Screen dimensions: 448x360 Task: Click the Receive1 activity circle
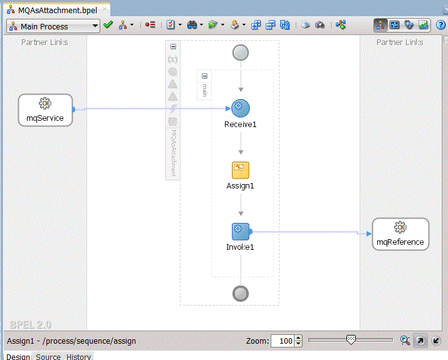(240, 108)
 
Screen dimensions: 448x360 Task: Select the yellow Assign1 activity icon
(240, 170)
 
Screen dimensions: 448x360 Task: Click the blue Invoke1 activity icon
(241, 232)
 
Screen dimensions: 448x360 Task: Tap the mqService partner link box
(46, 110)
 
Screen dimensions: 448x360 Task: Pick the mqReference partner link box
(400, 234)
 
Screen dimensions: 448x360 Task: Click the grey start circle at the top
(241, 53)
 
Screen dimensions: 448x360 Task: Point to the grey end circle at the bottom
(241, 294)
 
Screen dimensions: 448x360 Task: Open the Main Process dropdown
(53, 26)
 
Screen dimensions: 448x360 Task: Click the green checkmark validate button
(108, 25)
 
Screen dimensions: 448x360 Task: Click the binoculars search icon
(192, 25)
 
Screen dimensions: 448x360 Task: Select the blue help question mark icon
(441, 25)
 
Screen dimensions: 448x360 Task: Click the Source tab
(48, 357)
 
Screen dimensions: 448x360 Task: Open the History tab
(78, 357)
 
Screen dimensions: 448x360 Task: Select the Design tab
(18, 357)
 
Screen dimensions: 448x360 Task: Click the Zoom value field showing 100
(283, 341)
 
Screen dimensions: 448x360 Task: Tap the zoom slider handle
(351, 340)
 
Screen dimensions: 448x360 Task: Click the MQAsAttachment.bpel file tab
(58, 10)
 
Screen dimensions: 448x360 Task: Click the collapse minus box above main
(204, 76)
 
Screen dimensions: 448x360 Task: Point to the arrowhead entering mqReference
(369, 234)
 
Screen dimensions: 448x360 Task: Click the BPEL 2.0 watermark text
(31, 325)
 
